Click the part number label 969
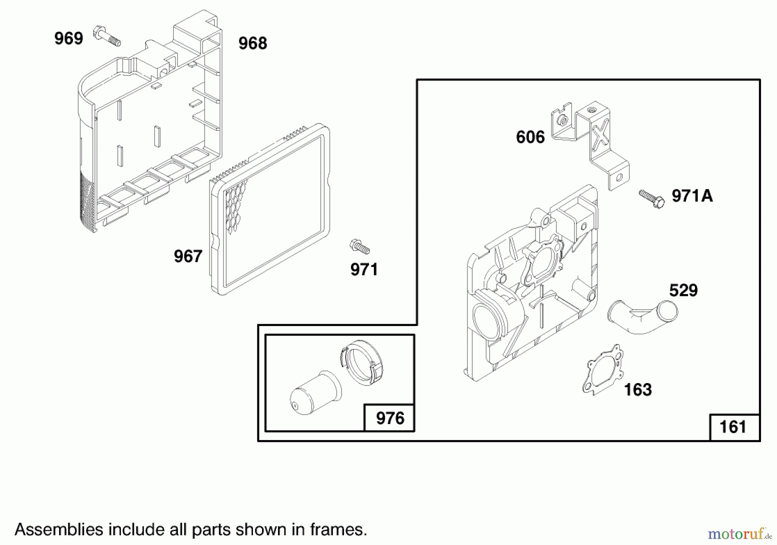pos(68,38)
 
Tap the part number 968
pos(253,43)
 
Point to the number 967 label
pos(188,257)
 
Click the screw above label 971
pos(359,247)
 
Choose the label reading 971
pos(364,270)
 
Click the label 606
pos(530,137)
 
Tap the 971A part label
pos(692,196)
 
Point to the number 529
pos(683,291)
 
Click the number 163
pos(638,390)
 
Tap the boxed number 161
pos(733,427)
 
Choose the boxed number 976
pos(390,418)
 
